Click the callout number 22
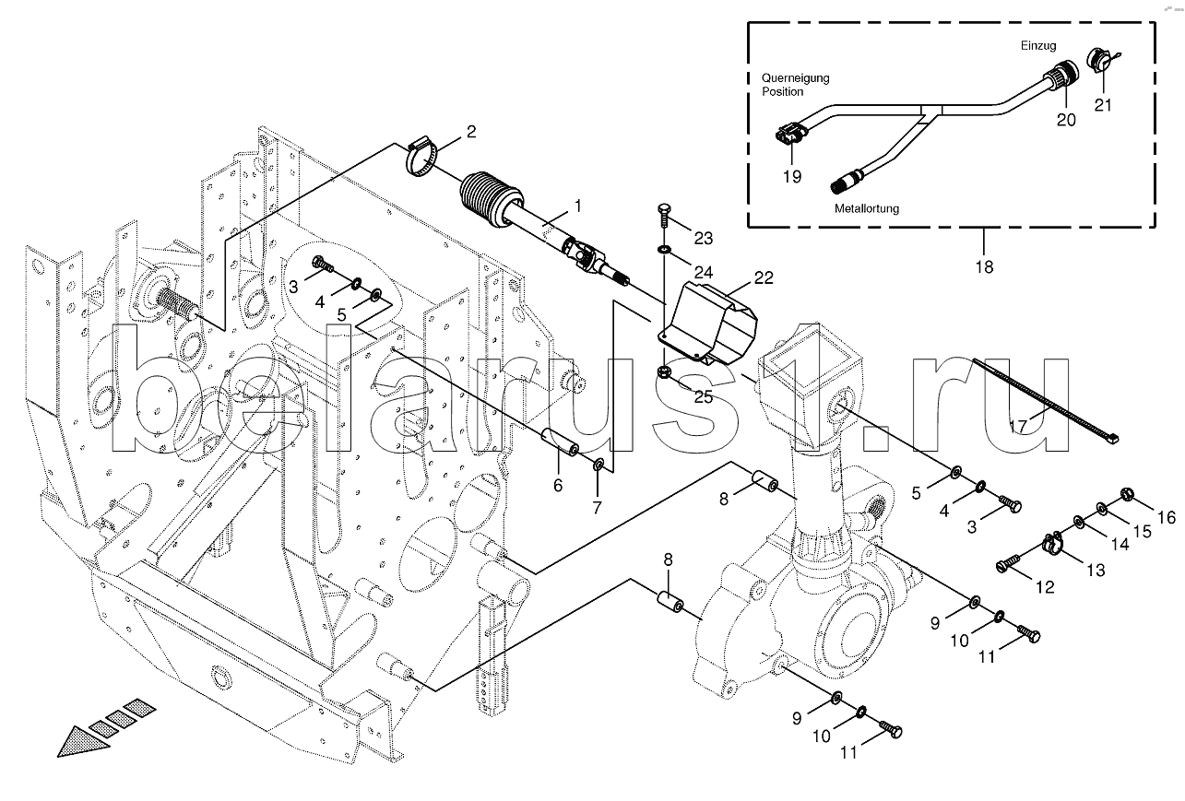pyautogui.click(x=764, y=277)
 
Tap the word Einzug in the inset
pyautogui.click(x=1038, y=46)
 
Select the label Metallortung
pyautogui.click(x=867, y=208)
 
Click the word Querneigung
pyautogui.click(x=796, y=78)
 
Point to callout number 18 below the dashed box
pyautogui.click(x=985, y=267)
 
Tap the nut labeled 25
pyautogui.click(x=664, y=372)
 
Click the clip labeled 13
pyautogui.click(x=1053, y=544)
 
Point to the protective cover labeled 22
pyautogui.click(x=706, y=324)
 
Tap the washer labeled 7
pyautogui.click(x=598, y=465)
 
